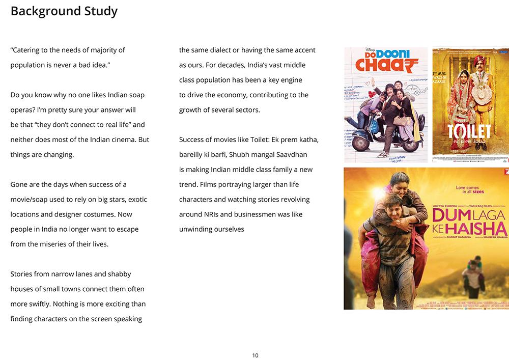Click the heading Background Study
pos(64,11)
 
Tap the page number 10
pos(255,355)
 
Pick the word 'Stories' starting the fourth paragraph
pos(22,274)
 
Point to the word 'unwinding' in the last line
pos(197,229)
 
